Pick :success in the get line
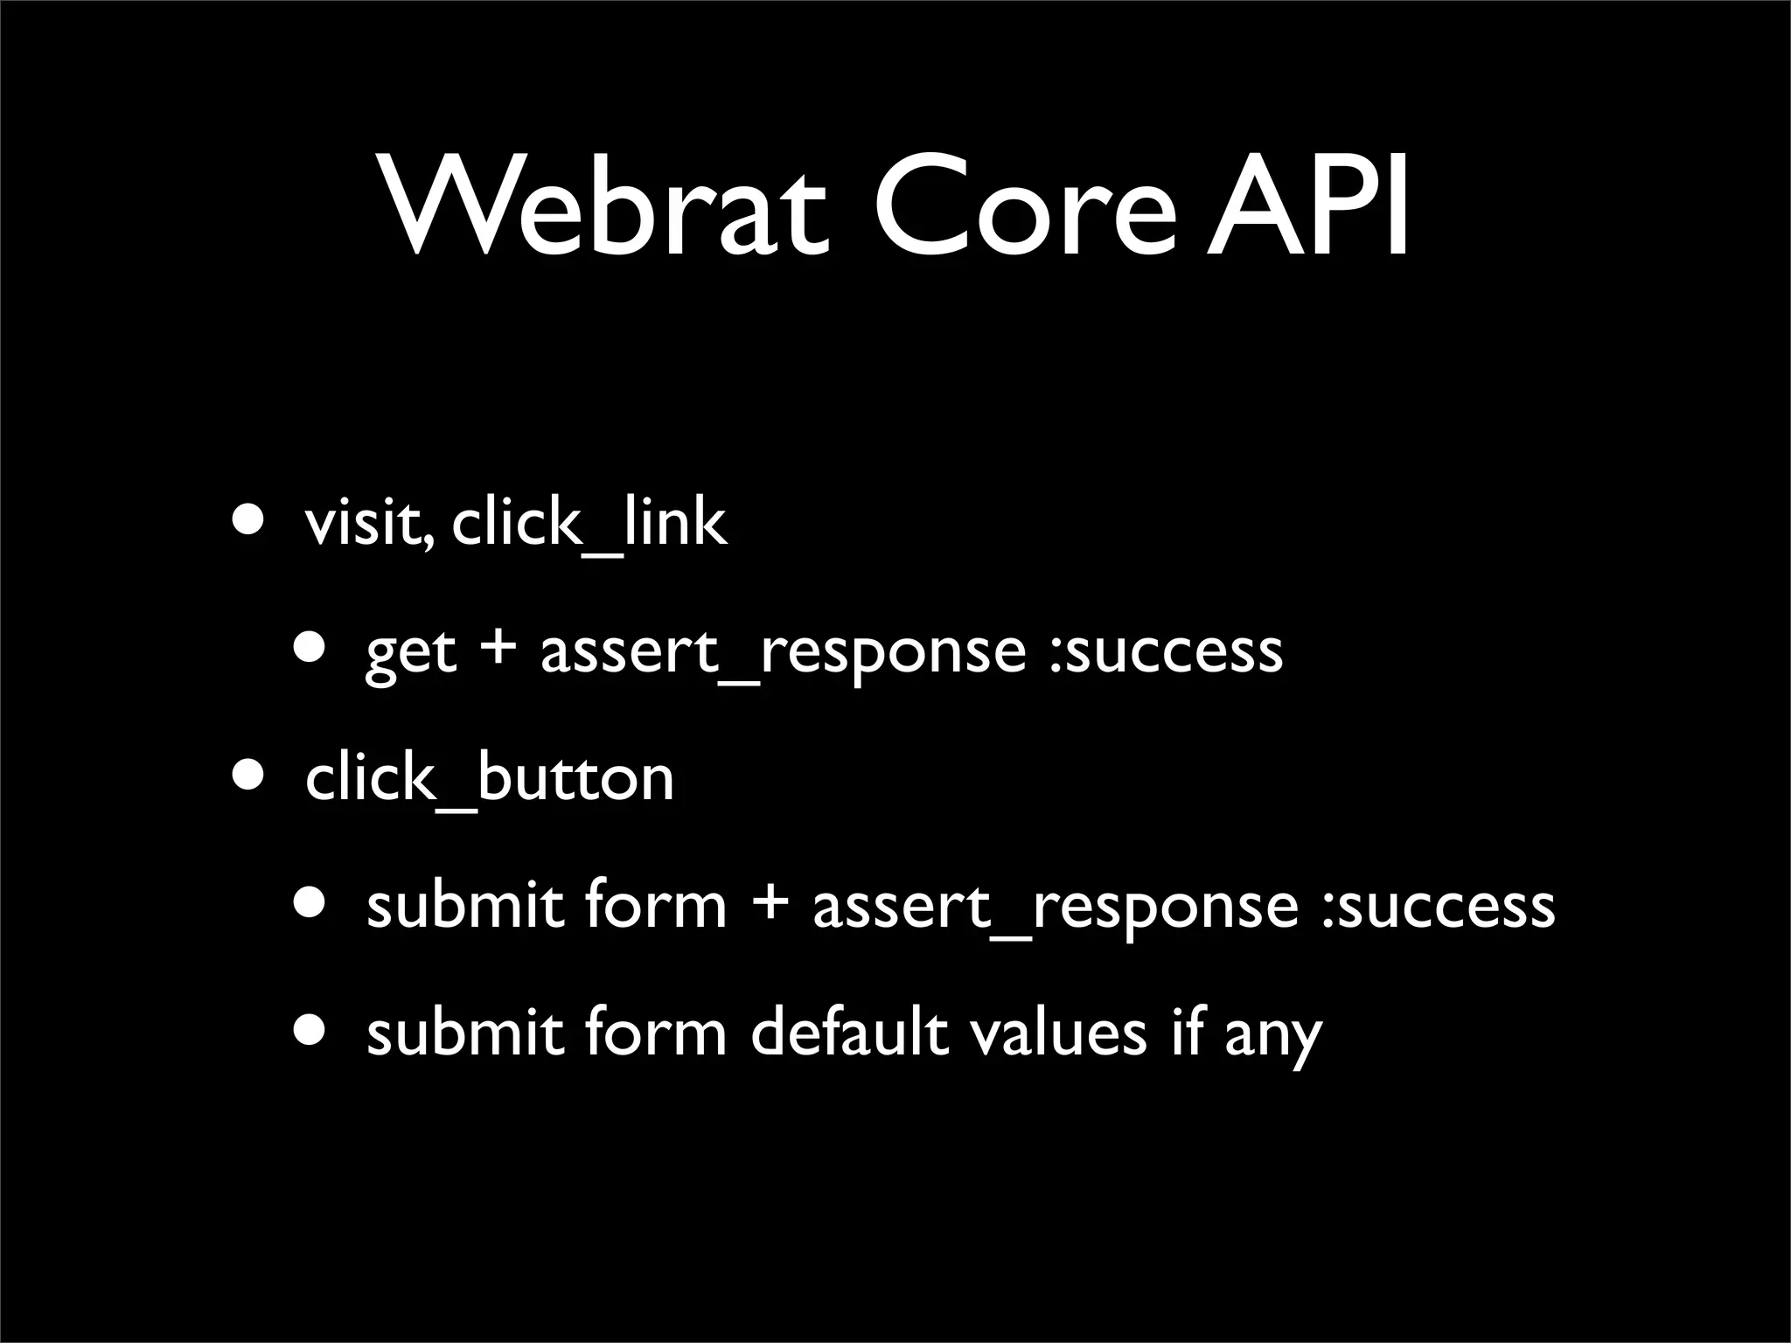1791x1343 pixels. [x=1166, y=651]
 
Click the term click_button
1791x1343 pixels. [x=490, y=777]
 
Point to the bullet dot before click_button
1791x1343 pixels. [x=247, y=776]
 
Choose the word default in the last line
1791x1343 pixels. [x=849, y=1033]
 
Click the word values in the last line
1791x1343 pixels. [x=1058, y=1033]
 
